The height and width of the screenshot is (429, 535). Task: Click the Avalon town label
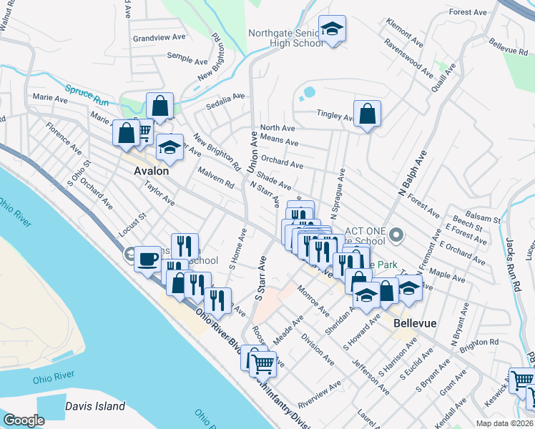(x=152, y=172)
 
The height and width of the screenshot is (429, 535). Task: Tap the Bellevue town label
(x=415, y=323)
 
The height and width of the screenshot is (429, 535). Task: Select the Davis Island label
(x=95, y=406)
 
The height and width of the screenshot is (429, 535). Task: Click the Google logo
(x=24, y=420)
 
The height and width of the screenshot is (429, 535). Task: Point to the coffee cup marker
(x=148, y=258)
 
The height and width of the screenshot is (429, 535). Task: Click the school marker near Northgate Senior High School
(x=332, y=29)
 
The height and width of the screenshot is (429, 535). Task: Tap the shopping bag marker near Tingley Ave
(x=367, y=114)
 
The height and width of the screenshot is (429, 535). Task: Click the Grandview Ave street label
(x=159, y=37)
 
